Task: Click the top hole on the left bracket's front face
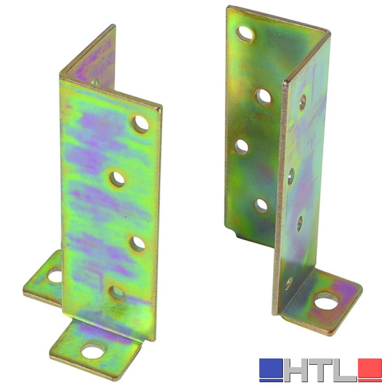[x=140, y=124]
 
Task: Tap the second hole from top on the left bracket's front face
[x=117, y=179]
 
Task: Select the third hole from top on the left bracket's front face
[x=137, y=243]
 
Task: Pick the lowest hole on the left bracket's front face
[x=116, y=293]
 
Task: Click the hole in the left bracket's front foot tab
[x=93, y=351]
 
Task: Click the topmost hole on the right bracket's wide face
[x=246, y=33]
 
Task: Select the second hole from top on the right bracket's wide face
[x=263, y=96]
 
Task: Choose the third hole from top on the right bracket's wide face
[x=241, y=147]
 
